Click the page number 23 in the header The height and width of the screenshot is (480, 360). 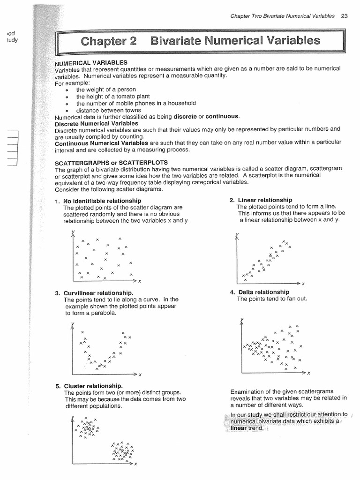pos(345,15)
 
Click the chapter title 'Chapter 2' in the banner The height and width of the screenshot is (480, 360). pos(109,41)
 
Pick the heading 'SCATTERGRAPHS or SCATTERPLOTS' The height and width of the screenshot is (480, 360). pos(102,163)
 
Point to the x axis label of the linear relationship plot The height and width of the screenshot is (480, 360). pos(303,284)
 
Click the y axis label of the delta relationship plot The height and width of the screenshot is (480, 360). pos(241,321)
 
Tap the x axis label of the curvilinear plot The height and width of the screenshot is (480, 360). pos(140,375)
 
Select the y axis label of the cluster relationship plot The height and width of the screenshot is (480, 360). pos(73,417)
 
